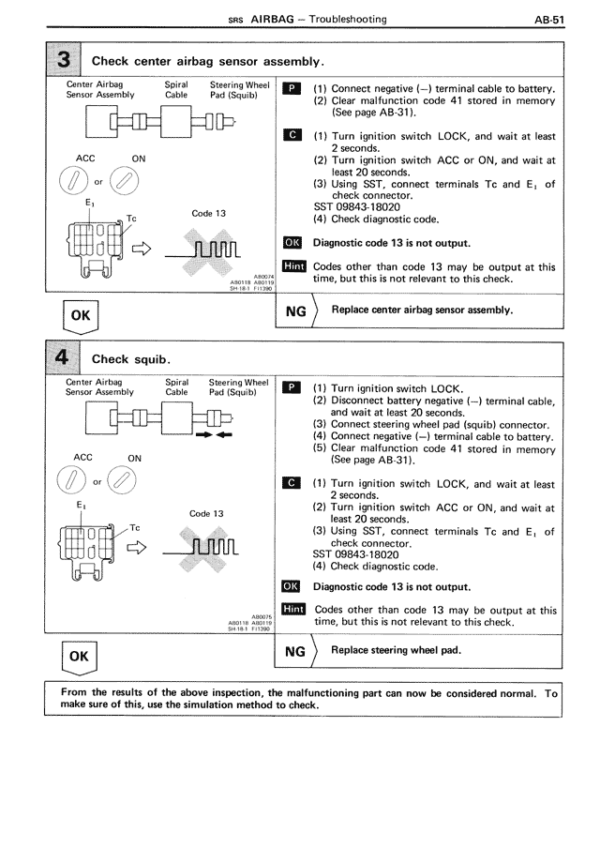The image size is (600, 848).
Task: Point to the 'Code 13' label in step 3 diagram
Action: pos(208,214)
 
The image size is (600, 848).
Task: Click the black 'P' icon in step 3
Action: pos(292,89)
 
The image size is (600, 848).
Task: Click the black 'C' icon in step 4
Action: pos(292,485)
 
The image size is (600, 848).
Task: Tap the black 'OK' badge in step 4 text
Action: pos(292,587)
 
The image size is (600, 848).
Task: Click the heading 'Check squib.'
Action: pos(129,359)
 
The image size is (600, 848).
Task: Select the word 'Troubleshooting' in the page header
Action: pos(347,20)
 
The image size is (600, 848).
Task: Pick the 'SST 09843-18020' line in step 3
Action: pos(359,207)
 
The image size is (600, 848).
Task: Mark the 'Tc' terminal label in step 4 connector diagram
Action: pos(135,526)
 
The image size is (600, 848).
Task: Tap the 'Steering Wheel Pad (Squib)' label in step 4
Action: pos(238,386)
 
